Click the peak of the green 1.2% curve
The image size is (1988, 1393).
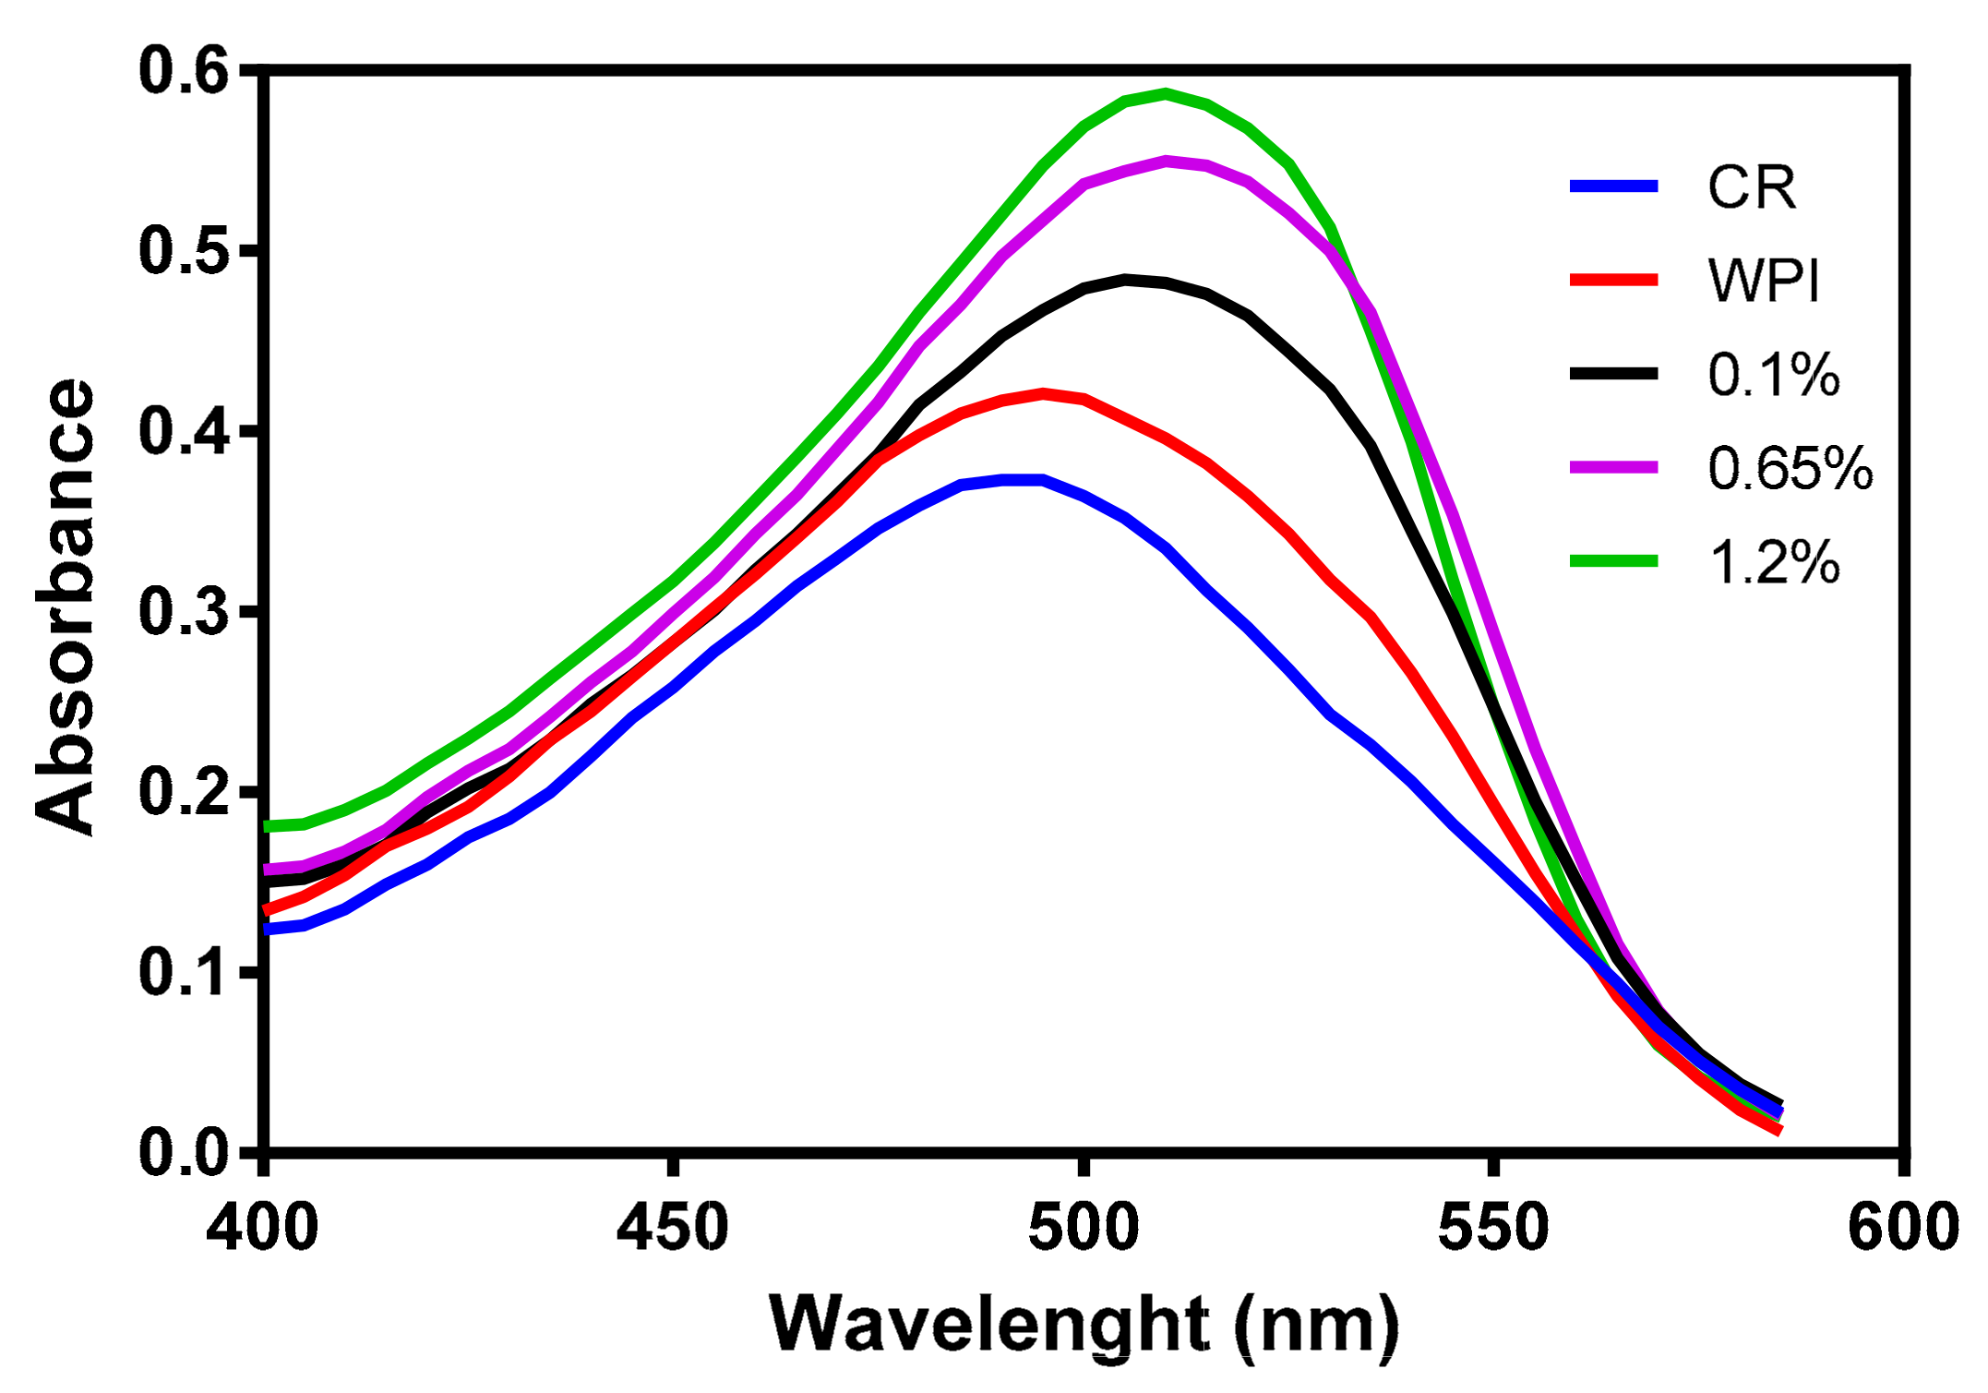[1166, 93]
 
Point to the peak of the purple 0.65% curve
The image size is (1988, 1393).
[1166, 161]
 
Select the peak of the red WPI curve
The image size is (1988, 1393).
[1043, 393]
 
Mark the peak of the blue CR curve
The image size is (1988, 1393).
[1023, 479]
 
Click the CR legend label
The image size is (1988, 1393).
[1751, 188]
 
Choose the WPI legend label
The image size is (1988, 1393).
[1763, 281]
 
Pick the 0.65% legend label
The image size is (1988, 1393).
[1790, 468]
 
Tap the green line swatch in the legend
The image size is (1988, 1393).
[1614, 560]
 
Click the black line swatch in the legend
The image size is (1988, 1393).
[1614, 373]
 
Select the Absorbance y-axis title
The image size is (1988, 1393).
[65, 607]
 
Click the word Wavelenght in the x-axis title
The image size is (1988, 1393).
[988, 1325]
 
